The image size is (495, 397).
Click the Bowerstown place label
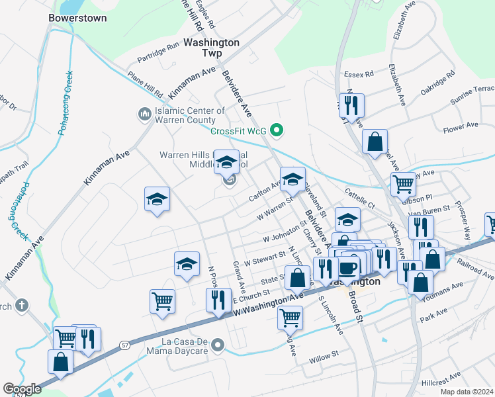tap(77, 19)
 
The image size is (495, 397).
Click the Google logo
tap(22, 389)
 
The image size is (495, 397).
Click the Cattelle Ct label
tap(359, 192)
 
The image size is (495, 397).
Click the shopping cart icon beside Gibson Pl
tap(402, 183)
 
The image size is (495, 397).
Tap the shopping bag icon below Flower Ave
tap(375, 140)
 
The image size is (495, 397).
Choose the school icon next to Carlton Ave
tap(292, 178)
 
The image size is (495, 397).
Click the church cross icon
tap(21, 305)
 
